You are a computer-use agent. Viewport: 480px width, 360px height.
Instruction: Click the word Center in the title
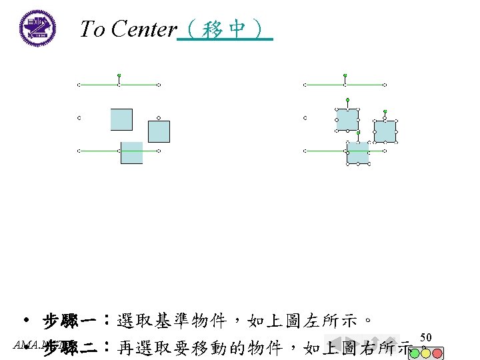click(x=144, y=29)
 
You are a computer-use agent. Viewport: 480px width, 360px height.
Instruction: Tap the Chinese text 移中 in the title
click(x=225, y=29)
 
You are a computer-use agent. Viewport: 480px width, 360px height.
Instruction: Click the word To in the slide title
click(x=93, y=29)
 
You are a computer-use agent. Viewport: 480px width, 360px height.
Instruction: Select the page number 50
click(x=427, y=337)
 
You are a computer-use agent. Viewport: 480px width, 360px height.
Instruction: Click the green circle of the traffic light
click(x=414, y=351)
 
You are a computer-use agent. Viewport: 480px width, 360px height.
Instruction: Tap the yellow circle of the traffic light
click(x=426, y=351)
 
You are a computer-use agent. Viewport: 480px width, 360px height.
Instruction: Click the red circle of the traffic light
click(x=437, y=351)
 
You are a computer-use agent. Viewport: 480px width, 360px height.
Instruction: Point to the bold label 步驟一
click(x=74, y=323)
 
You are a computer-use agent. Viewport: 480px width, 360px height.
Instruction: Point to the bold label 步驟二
click(x=74, y=347)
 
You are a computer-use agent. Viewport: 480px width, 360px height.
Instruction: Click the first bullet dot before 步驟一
click(x=25, y=321)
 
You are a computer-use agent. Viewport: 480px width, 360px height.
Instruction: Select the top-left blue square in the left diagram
click(x=121, y=119)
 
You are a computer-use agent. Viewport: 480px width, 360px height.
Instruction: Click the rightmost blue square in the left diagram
click(x=159, y=131)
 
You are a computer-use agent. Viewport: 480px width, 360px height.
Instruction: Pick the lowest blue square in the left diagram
click(x=131, y=153)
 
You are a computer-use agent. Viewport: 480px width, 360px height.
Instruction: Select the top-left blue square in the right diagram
click(x=347, y=119)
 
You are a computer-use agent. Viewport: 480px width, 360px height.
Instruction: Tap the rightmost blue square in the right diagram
click(x=385, y=131)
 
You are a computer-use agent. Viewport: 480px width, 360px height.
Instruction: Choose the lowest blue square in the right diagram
click(x=357, y=153)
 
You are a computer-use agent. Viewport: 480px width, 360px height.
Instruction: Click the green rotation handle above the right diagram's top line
click(x=345, y=75)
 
